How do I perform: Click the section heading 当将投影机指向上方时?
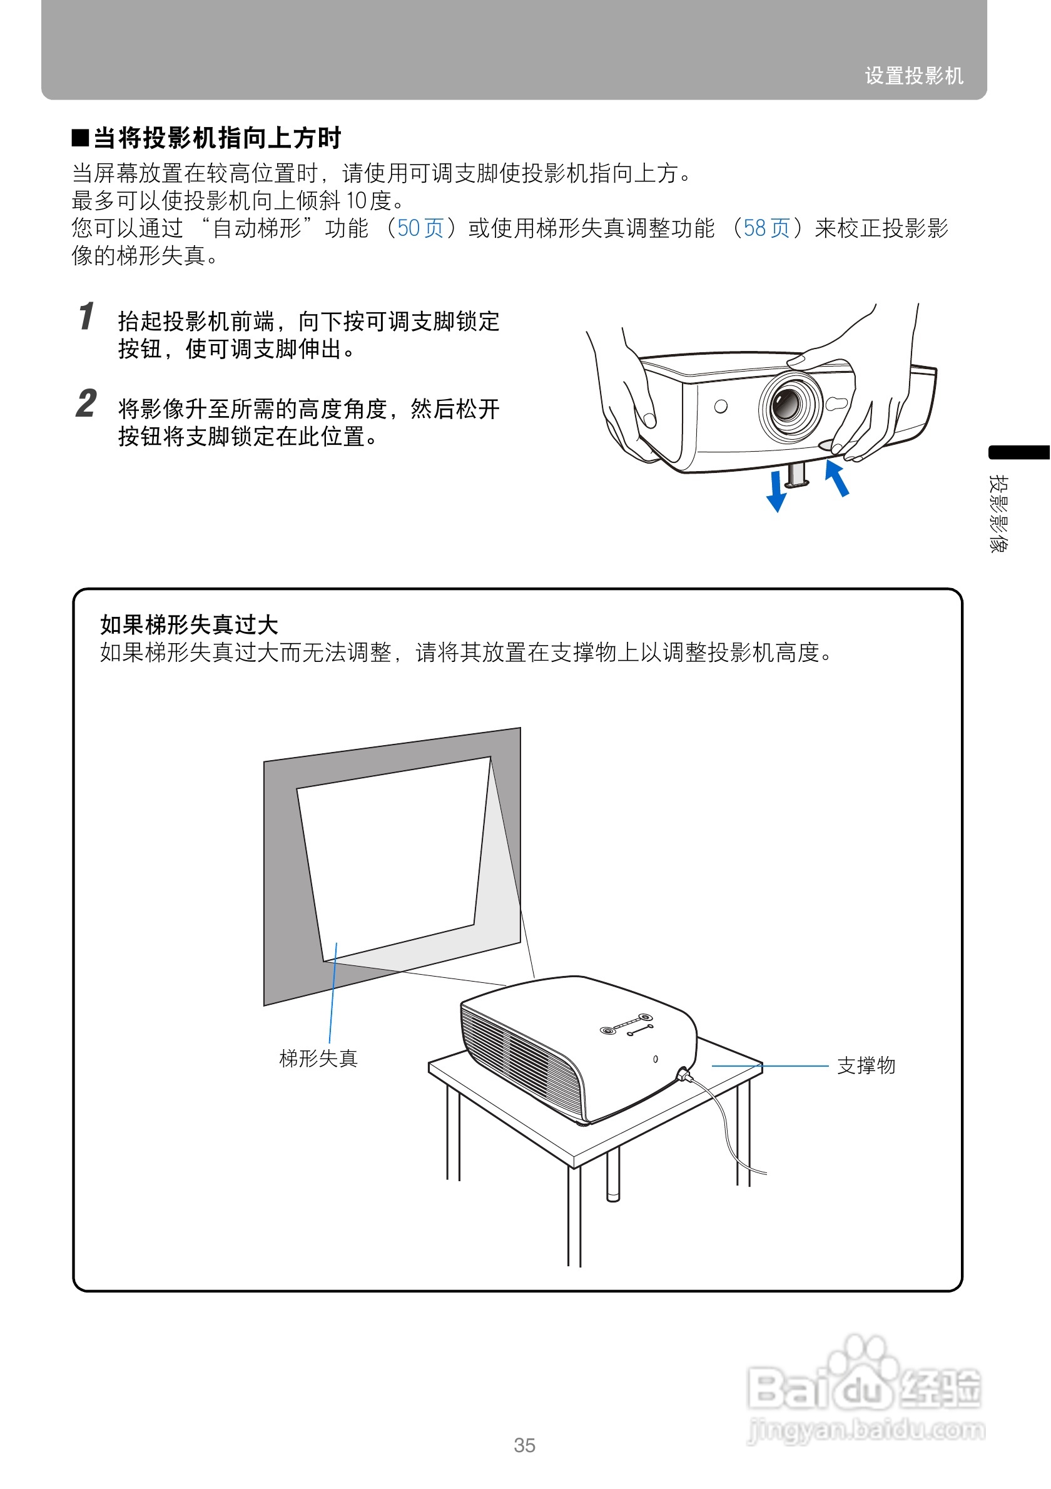click(216, 138)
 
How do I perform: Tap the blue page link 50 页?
click(420, 228)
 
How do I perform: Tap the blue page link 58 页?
click(766, 228)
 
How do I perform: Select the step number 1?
click(86, 317)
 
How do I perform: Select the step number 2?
click(86, 404)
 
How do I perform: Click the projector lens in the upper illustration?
click(789, 404)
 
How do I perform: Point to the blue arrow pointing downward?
click(776, 492)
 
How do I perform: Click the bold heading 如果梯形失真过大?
click(189, 624)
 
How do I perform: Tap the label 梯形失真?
click(318, 1059)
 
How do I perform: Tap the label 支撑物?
click(866, 1065)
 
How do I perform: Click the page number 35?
click(524, 1445)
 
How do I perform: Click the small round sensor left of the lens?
click(720, 407)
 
